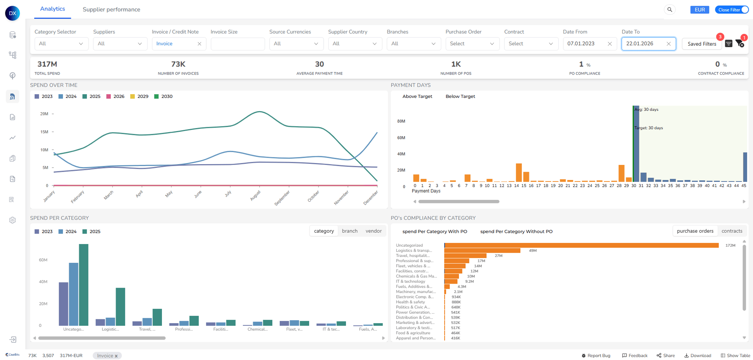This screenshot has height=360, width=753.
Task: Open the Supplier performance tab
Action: pos(111,9)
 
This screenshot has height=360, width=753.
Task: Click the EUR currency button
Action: pos(700,10)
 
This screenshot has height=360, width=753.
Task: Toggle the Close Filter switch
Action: pos(744,10)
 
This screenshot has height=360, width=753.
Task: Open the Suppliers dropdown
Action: pos(119,44)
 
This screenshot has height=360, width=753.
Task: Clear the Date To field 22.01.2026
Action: pos(669,44)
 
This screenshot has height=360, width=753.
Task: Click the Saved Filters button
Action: pos(701,44)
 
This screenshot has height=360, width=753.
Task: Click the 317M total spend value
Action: pos(47,64)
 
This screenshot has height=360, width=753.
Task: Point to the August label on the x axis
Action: pos(255,195)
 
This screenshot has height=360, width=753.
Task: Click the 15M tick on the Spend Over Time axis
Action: pos(44,132)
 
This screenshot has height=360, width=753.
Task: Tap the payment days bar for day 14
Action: pos(518,173)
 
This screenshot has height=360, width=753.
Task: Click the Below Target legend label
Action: pos(460,96)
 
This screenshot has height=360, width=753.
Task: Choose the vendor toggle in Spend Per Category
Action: pos(373,231)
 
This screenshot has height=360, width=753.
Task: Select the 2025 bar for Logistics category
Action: pos(120,307)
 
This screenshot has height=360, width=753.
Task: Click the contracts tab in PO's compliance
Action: pos(732,231)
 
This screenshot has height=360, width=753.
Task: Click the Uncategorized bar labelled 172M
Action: pos(581,245)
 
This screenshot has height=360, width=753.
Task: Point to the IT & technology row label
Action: pos(410,281)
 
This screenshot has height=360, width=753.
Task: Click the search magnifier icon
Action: pos(669,10)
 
